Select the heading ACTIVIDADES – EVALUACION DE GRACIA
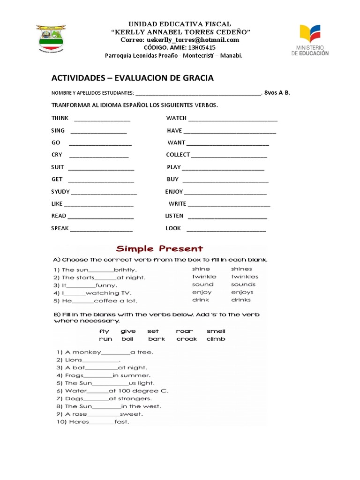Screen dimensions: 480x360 [132, 78]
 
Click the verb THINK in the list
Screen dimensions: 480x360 [60, 118]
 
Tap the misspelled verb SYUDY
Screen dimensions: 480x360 [60, 191]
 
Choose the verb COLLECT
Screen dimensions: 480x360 [178, 155]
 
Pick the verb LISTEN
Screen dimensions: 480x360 [174, 216]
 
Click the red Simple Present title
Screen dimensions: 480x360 [159, 248]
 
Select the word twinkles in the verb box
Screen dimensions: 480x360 [244, 277]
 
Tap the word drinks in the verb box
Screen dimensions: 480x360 [240, 300]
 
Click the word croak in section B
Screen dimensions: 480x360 [187, 339]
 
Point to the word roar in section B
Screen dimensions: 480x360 [184, 331]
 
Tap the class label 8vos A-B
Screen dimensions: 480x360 [277, 92]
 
